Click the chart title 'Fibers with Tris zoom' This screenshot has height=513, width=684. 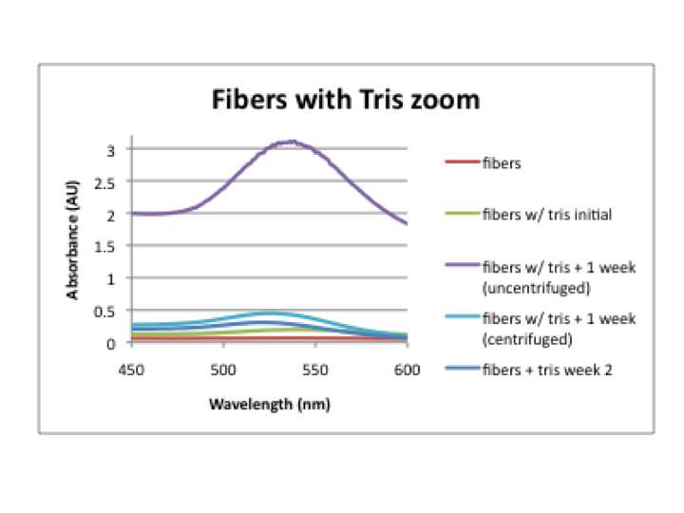[345, 100]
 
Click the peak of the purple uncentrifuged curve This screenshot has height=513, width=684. [293, 142]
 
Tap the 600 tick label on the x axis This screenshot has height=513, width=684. [407, 365]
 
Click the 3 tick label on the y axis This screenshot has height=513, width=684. [110, 150]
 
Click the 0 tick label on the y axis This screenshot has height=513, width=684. [110, 343]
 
